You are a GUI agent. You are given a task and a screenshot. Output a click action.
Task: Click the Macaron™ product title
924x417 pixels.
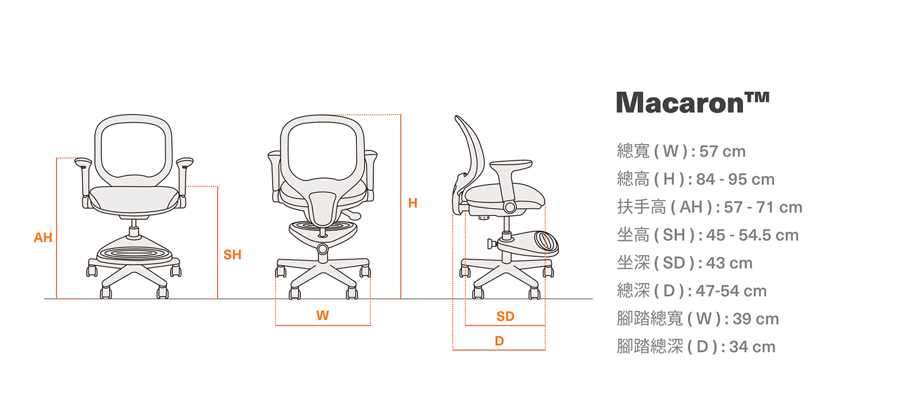pyautogui.click(x=692, y=102)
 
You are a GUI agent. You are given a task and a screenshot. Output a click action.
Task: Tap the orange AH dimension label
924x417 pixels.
pyautogui.click(x=43, y=237)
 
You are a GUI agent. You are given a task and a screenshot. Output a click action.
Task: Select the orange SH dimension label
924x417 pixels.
pyautogui.click(x=232, y=254)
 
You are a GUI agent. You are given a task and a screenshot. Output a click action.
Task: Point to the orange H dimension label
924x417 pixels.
pyautogui.click(x=413, y=203)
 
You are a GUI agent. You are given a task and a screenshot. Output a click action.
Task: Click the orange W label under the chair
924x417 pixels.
pyautogui.click(x=323, y=315)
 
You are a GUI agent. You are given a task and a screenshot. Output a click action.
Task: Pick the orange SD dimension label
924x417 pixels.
pyautogui.click(x=506, y=316)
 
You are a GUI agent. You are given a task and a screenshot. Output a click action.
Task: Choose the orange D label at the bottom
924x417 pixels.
pyautogui.click(x=499, y=341)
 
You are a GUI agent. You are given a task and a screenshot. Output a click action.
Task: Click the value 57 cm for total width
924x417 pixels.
pyautogui.click(x=723, y=152)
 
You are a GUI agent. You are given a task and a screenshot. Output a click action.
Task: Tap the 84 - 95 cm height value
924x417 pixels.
pyautogui.click(x=735, y=179)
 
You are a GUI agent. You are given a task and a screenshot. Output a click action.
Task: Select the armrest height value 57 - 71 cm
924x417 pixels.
pyautogui.click(x=763, y=208)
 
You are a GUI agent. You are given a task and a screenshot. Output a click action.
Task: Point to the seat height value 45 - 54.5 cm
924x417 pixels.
pyautogui.click(x=753, y=235)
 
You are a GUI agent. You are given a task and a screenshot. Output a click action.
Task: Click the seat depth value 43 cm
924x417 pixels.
pyautogui.click(x=730, y=263)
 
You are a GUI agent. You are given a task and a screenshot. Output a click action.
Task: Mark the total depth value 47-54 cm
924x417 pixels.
pyautogui.click(x=732, y=291)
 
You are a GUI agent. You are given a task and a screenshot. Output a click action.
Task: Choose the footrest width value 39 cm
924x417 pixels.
pyautogui.click(x=756, y=319)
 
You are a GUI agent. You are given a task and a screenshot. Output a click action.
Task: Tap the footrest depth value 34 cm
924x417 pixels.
pyautogui.click(x=753, y=347)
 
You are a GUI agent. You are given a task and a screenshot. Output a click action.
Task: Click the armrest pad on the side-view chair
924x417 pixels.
pyautogui.click(x=511, y=165)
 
